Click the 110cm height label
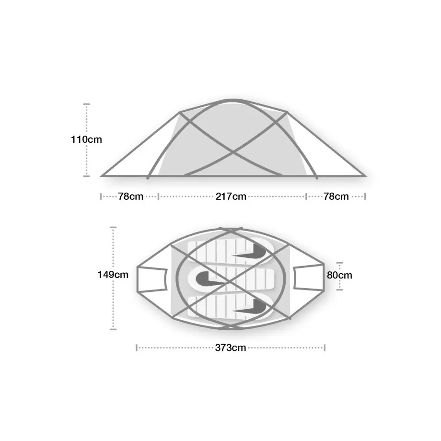(86, 139)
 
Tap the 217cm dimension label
(231, 197)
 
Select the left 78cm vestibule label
(131, 197)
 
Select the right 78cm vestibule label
(336, 197)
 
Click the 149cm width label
(113, 275)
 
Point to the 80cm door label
(339, 275)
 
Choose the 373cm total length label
(231, 348)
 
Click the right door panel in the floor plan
(309, 278)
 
